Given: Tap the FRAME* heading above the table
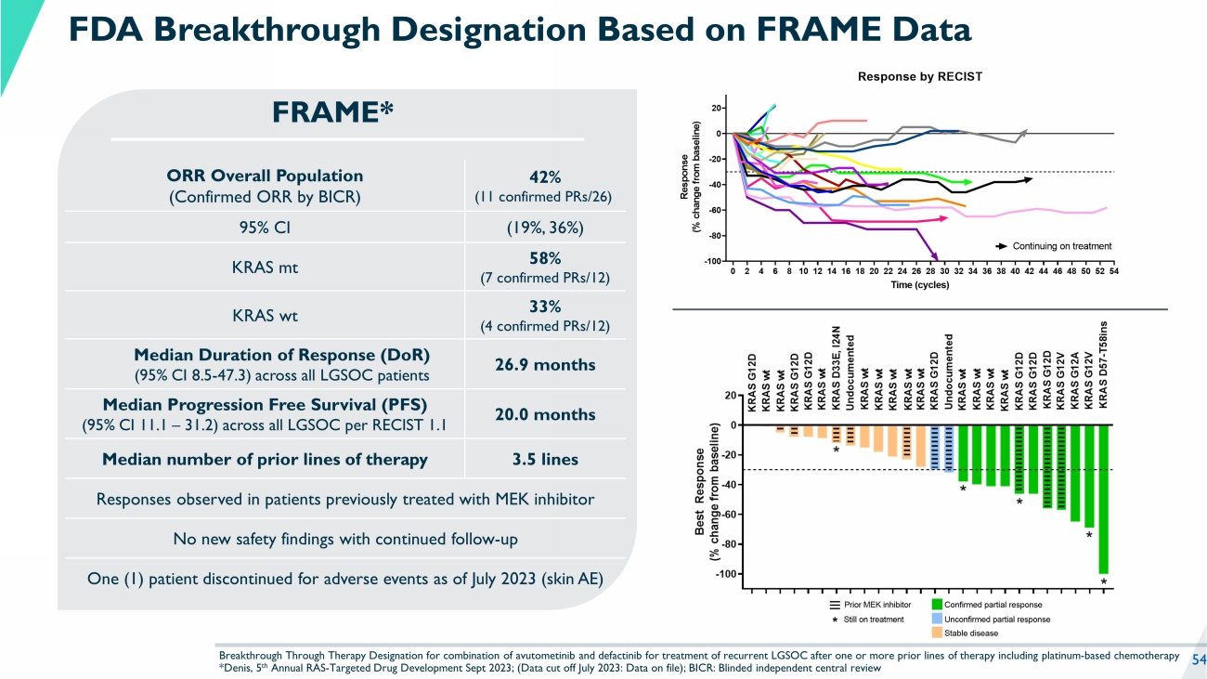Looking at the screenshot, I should click(x=333, y=112).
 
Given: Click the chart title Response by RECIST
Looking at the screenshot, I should click(x=919, y=76).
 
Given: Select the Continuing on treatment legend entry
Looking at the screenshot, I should click(x=1054, y=246).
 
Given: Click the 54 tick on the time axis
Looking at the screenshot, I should click(x=1112, y=271).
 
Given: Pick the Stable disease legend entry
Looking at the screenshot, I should click(x=972, y=633).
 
